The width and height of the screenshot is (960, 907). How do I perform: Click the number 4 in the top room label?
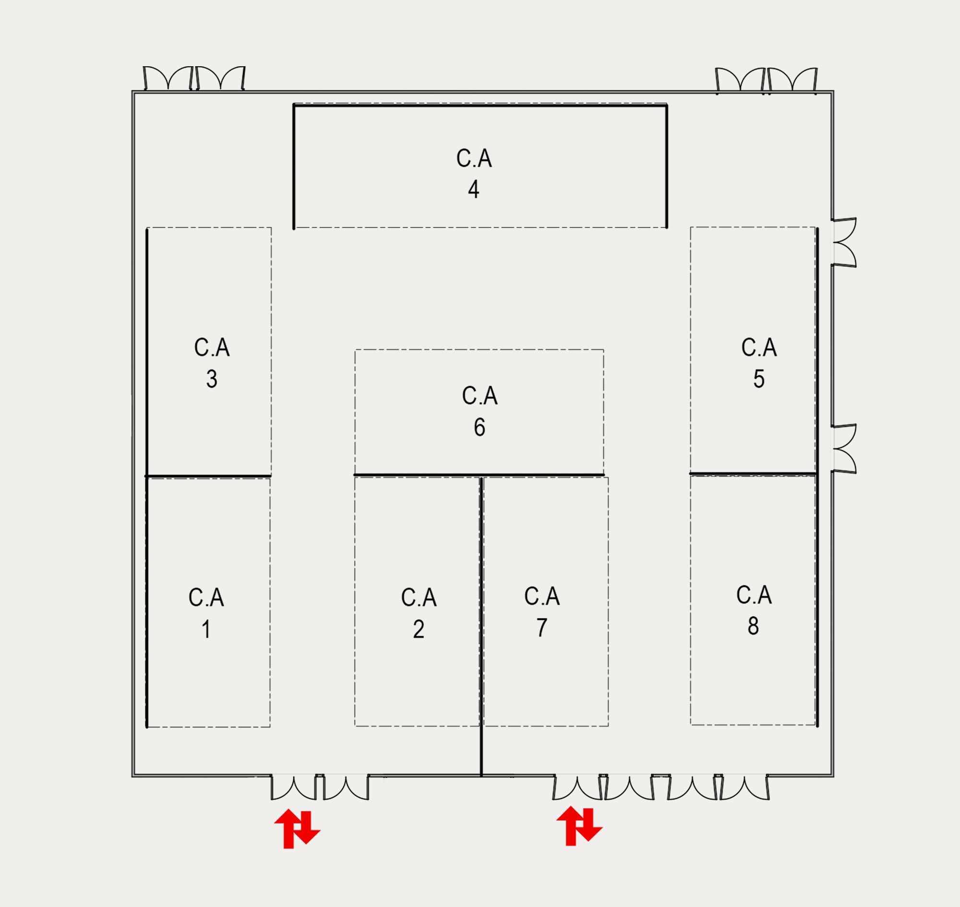pos(473,189)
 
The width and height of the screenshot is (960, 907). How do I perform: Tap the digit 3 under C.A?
pos(212,379)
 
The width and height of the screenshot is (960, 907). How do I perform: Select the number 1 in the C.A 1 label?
pos(206,630)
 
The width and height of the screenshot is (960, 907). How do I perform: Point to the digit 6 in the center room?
pos(479,427)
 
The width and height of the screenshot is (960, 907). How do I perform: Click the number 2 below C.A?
pos(419,629)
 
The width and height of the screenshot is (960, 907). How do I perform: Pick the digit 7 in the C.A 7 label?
pos(541,628)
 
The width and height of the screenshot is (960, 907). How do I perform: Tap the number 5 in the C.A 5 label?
pos(759,379)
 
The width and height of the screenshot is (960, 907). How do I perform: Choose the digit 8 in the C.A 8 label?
pos(753,626)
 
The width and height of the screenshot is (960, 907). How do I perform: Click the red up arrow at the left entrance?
pos(288,828)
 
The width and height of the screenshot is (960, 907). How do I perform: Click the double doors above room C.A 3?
pos(194,79)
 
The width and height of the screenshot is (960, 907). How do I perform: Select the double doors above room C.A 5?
pos(766,80)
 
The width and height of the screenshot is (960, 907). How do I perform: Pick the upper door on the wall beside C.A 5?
pos(843,242)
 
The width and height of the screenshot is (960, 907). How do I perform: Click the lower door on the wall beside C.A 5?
pos(843,449)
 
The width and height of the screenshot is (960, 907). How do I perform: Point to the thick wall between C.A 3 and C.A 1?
pos(208,476)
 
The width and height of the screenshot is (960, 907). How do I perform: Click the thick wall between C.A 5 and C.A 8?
pos(753,474)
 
